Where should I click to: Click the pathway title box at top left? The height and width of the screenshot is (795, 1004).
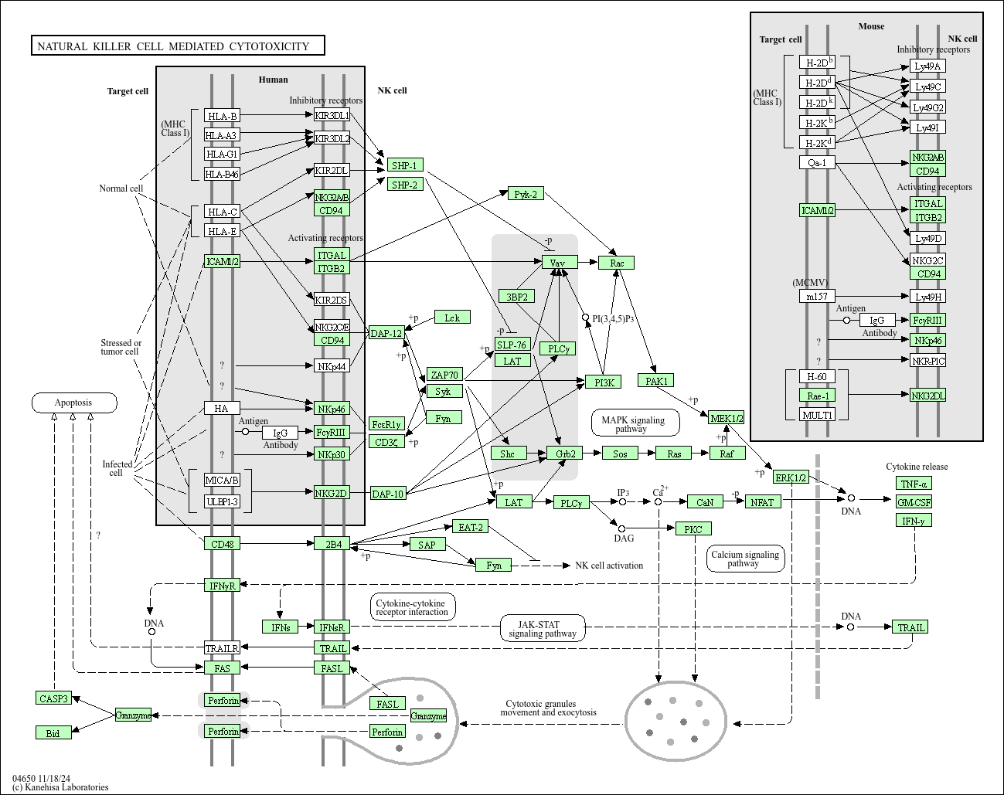coord(177,46)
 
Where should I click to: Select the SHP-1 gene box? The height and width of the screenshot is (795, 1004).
coord(404,165)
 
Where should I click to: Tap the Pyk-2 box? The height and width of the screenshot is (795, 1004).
coord(526,194)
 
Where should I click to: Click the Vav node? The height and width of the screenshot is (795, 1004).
coord(558,263)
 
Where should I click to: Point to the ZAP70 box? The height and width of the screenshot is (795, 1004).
coord(444,375)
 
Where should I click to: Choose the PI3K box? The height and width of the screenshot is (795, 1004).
coord(603,382)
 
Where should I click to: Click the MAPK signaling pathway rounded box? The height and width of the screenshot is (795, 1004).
coord(635,423)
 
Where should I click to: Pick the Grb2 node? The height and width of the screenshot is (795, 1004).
coord(564,454)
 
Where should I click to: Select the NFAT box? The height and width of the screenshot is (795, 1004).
coord(762,502)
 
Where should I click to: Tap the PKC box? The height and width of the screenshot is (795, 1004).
coord(693,529)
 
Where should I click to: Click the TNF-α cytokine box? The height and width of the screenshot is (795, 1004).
coord(914,484)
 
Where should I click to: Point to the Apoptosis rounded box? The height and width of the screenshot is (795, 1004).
coord(74,403)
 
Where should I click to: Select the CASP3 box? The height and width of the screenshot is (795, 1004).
coord(53,698)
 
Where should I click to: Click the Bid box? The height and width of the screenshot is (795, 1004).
coord(53,732)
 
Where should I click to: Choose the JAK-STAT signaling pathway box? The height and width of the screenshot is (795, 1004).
coord(542,629)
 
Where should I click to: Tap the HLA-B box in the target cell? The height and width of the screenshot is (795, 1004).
coord(222,116)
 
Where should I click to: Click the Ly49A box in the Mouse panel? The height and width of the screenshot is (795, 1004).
coord(927,66)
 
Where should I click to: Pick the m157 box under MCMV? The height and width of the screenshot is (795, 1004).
coord(817,297)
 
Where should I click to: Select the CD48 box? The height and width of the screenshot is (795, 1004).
coord(222,544)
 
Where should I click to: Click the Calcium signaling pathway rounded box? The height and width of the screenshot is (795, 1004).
coord(745,559)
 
